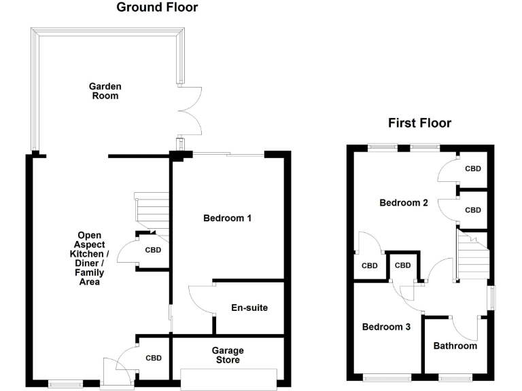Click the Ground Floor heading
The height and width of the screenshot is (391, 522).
tap(157, 8)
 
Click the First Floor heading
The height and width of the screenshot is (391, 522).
tap(419, 123)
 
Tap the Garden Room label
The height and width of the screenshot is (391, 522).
tap(105, 91)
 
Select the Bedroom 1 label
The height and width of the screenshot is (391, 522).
tap(228, 218)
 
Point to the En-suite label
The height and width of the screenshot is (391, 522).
tap(249, 308)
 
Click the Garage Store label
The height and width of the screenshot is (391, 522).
tap(228, 355)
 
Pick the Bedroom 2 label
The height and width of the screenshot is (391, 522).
tap(403, 202)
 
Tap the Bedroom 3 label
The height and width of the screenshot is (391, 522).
tap(386, 327)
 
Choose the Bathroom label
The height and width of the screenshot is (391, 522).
tap(455, 346)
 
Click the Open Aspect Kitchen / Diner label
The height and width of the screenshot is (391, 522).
tap(90, 259)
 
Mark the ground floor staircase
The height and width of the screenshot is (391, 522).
tap(152, 210)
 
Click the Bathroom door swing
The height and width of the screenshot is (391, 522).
tap(470, 327)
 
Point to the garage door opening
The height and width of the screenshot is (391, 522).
tap(229, 378)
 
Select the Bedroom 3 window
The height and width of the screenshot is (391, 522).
tap(387, 377)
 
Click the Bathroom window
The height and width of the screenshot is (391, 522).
tap(456, 377)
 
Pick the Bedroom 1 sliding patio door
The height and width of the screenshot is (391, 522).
tap(228, 155)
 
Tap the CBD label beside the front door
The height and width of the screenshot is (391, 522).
tap(154, 358)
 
